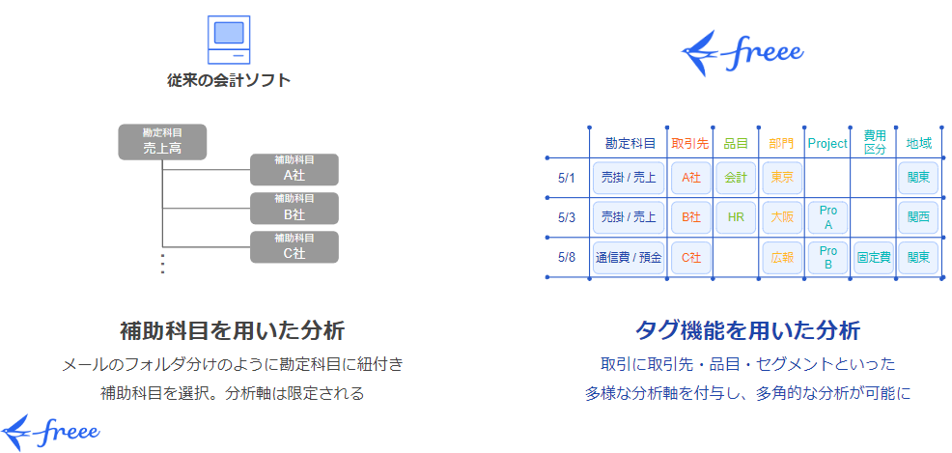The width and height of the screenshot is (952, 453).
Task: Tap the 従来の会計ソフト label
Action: [x=229, y=80]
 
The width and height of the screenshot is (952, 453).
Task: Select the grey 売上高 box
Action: [x=162, y=142]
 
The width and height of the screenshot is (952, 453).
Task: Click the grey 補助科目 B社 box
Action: [x=294, y=208]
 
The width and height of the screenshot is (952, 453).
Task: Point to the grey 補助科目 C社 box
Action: [x=294, y=246]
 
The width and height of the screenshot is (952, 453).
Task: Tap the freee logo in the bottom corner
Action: [x=50, y=430]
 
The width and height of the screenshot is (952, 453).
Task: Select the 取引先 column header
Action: [x=689, y=143]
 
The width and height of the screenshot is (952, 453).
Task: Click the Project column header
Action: [x=826, y=143]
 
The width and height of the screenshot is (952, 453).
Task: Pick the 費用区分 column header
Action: [x=874, y=143]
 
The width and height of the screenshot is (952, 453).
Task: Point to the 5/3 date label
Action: [x=567, y=217]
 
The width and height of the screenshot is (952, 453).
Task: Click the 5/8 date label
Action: [x=567, y=257]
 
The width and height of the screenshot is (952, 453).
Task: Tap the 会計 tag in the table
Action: [x=736, y=178]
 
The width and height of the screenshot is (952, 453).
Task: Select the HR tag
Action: [x=736, y=217]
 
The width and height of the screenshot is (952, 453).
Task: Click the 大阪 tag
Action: [x=781, y=217]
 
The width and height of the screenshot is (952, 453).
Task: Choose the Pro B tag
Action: [x=827, y=258]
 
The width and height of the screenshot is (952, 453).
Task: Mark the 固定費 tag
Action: [x=874, y=258]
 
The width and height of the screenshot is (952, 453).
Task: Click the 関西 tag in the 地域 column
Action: [x=918, y=217]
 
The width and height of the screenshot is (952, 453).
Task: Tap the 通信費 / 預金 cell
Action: [x=629, y=258]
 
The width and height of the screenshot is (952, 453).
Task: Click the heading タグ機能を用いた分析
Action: [x=747, y=330]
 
